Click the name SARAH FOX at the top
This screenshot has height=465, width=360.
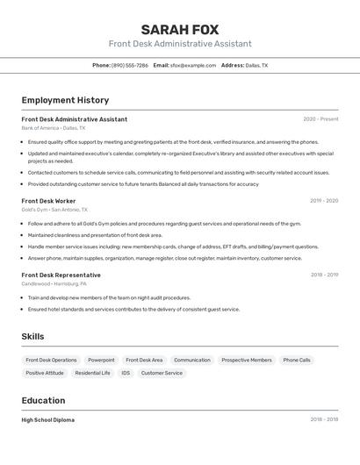[180, 30]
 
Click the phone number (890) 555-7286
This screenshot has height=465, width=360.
[129, 65]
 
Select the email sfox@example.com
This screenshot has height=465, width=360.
[192, 65]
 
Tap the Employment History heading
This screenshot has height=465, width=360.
[65, 100]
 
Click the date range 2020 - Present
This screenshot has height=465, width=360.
[320, 119]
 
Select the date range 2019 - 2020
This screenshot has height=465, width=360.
[323, 201]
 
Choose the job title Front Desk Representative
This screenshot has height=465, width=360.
[61, 275]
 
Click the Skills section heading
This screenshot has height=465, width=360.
[32, 336]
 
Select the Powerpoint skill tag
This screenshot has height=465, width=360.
[101, 360]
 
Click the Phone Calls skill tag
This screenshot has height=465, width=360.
[297, 360]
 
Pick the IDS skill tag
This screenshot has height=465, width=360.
[126, 373]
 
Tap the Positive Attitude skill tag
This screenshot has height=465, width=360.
[45, 373]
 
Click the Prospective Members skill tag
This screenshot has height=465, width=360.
[247, 360]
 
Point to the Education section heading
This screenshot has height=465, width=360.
[43, 400]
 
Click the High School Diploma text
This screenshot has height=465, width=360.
[48, 420]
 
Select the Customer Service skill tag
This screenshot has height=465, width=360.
[162, 373]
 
